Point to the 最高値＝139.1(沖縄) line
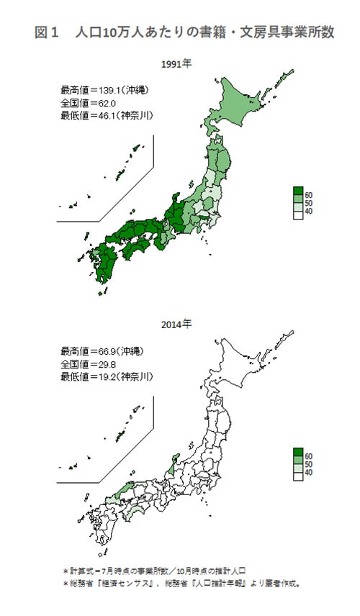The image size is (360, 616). [x=104, y=91]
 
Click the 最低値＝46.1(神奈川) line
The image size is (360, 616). [x=107, y=115]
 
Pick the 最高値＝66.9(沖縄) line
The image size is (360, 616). [x=102, y=352]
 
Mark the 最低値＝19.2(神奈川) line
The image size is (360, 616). [x=107, y=376]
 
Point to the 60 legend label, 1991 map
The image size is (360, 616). [x=307, y=195]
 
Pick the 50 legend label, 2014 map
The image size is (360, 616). [x=307, y=464]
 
